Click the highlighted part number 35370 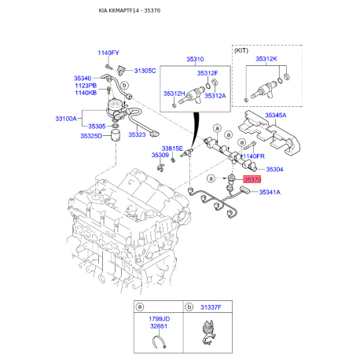coord(252,179)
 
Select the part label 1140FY coord(108,53)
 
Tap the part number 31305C coord(145,71)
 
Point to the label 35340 coord(83,79)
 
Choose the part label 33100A coord(66,119)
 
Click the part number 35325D coord(91,136)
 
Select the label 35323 coord(137,134)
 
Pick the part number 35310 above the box coord(195,59)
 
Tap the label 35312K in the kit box coord(266,59)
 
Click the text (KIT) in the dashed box coord(241,50)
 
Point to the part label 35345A coord(276,116)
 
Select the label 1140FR coord(254,156)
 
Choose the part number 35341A coord(270,193)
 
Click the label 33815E coord(172,149)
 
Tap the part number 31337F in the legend coord(211,307)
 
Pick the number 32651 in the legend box coord(159,326)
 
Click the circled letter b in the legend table coord(189,307)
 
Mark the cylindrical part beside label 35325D coord(116,136)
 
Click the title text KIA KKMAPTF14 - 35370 coord(130,11)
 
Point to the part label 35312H coord(174,94)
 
